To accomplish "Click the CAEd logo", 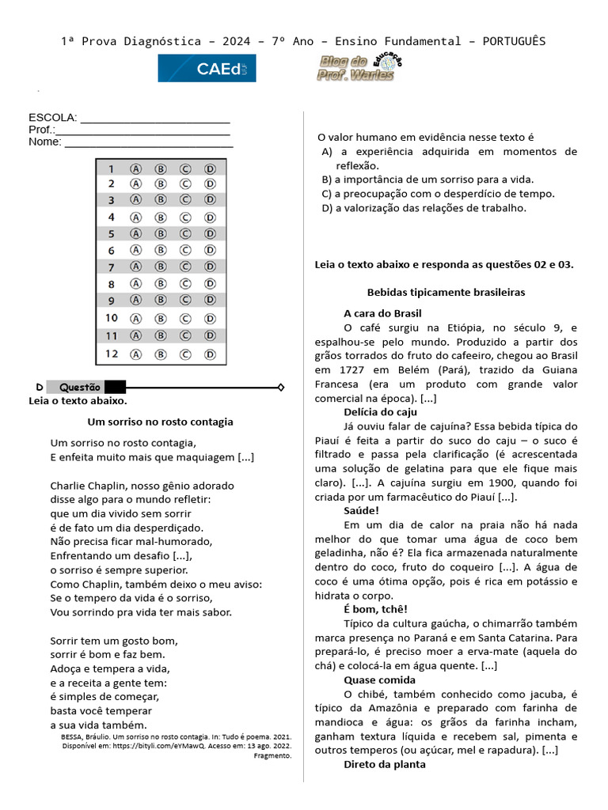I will coord(207,69).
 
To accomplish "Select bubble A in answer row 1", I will coord(135,168).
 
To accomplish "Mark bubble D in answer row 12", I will coord(210,354).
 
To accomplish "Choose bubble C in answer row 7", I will coord(185,267).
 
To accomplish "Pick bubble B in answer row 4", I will coord(160,218).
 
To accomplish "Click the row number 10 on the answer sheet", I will coord(112,318).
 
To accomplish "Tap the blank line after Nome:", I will coord(148,144).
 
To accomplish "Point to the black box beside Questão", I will coord(115,387).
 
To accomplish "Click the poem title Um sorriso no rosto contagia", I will coord(160,422).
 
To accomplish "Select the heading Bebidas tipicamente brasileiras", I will coord(446,293).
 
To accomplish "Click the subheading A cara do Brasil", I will coord(382,313).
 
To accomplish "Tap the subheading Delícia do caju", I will coord(380,412).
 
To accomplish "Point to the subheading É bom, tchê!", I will coord(375,609).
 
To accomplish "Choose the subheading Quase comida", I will coord(379,679).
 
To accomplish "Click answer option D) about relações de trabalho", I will coord(424,208).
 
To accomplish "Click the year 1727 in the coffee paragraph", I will coord(332,370).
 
